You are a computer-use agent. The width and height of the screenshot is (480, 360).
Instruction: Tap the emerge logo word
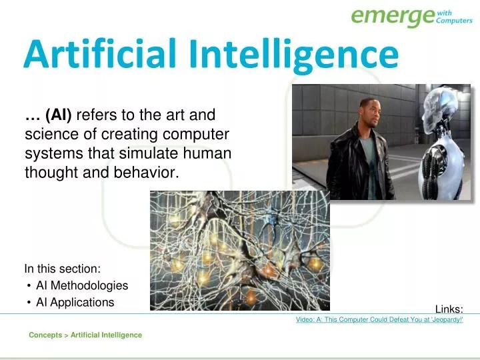point(392,15)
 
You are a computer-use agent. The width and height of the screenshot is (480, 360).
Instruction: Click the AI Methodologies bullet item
point(81,285)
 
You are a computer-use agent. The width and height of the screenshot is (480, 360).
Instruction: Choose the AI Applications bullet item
point(75,302)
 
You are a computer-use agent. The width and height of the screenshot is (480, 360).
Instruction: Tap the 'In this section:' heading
point(63,269)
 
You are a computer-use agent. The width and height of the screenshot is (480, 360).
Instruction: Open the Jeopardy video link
point(379,320)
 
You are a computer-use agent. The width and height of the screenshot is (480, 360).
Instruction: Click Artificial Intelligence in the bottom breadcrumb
point(106,335)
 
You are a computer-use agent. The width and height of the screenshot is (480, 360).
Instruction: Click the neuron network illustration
point(239,250)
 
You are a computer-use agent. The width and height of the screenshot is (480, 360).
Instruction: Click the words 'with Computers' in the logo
point(454,16)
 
